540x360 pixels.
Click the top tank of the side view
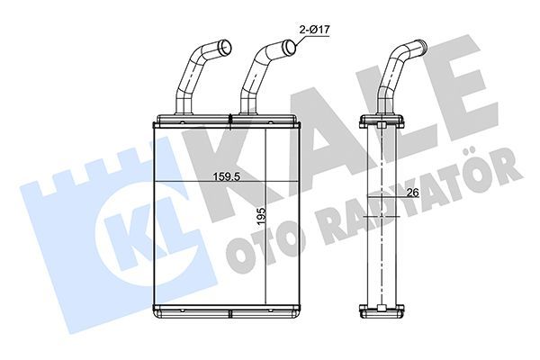coord(384,120)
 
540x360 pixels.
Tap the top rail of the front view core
coord(229,120)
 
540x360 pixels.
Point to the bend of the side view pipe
coord(397,67)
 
